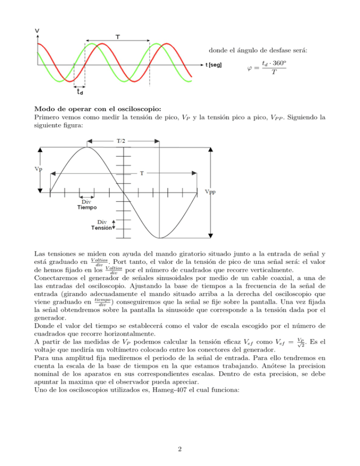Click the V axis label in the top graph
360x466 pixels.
37,31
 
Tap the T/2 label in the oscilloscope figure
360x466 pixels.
121,140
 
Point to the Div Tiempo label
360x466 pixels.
87,204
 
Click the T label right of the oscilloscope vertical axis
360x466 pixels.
141,173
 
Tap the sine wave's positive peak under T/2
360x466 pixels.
86,148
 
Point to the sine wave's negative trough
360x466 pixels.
160,237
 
